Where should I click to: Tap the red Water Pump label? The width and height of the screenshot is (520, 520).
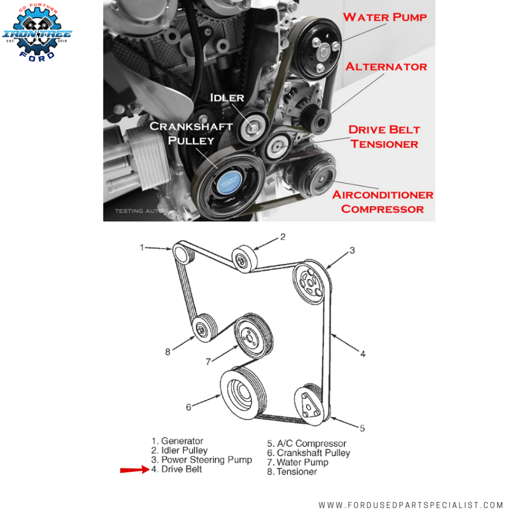pyautogui.click(x=384, y=17)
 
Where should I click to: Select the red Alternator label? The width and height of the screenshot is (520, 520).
pyautogui.click(x=386, y=67)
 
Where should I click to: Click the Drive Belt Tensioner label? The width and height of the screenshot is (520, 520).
pyautogui.click(x=384, y=137)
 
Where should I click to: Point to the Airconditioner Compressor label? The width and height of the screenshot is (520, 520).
pyautogui.click(x=382, y=202)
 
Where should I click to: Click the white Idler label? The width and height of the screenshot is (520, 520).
pyautogui.click(x=228, y=97)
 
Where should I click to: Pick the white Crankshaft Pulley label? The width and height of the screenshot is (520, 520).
pyautogui.click(x=191, y=133)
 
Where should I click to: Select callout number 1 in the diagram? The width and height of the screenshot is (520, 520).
pyautogui.click(x=142, y=247)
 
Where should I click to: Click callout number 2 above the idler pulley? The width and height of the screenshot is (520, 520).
pyautogui.click(x=283, y=236)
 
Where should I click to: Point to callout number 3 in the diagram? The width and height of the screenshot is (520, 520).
pyautogui.click(x=351, y=250)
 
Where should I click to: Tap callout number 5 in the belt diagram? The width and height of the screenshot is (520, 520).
pyautogui.click(x=362, y=429)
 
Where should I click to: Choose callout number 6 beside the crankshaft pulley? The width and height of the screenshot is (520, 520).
pyautogui.click(x=188, y=407)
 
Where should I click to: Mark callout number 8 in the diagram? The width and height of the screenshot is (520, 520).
pyautogui.click(x=168, y=350)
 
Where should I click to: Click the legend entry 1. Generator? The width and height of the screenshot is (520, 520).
pyautogui.click(x=177, y=441)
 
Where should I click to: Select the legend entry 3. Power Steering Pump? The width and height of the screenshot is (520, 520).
pyautogui.click(x=202, y=460)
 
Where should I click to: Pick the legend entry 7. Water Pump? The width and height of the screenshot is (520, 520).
pyautogui.click(x=298, y=462)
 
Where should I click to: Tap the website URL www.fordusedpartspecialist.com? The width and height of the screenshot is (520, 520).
pyautogui.click(x=411, y=505)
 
